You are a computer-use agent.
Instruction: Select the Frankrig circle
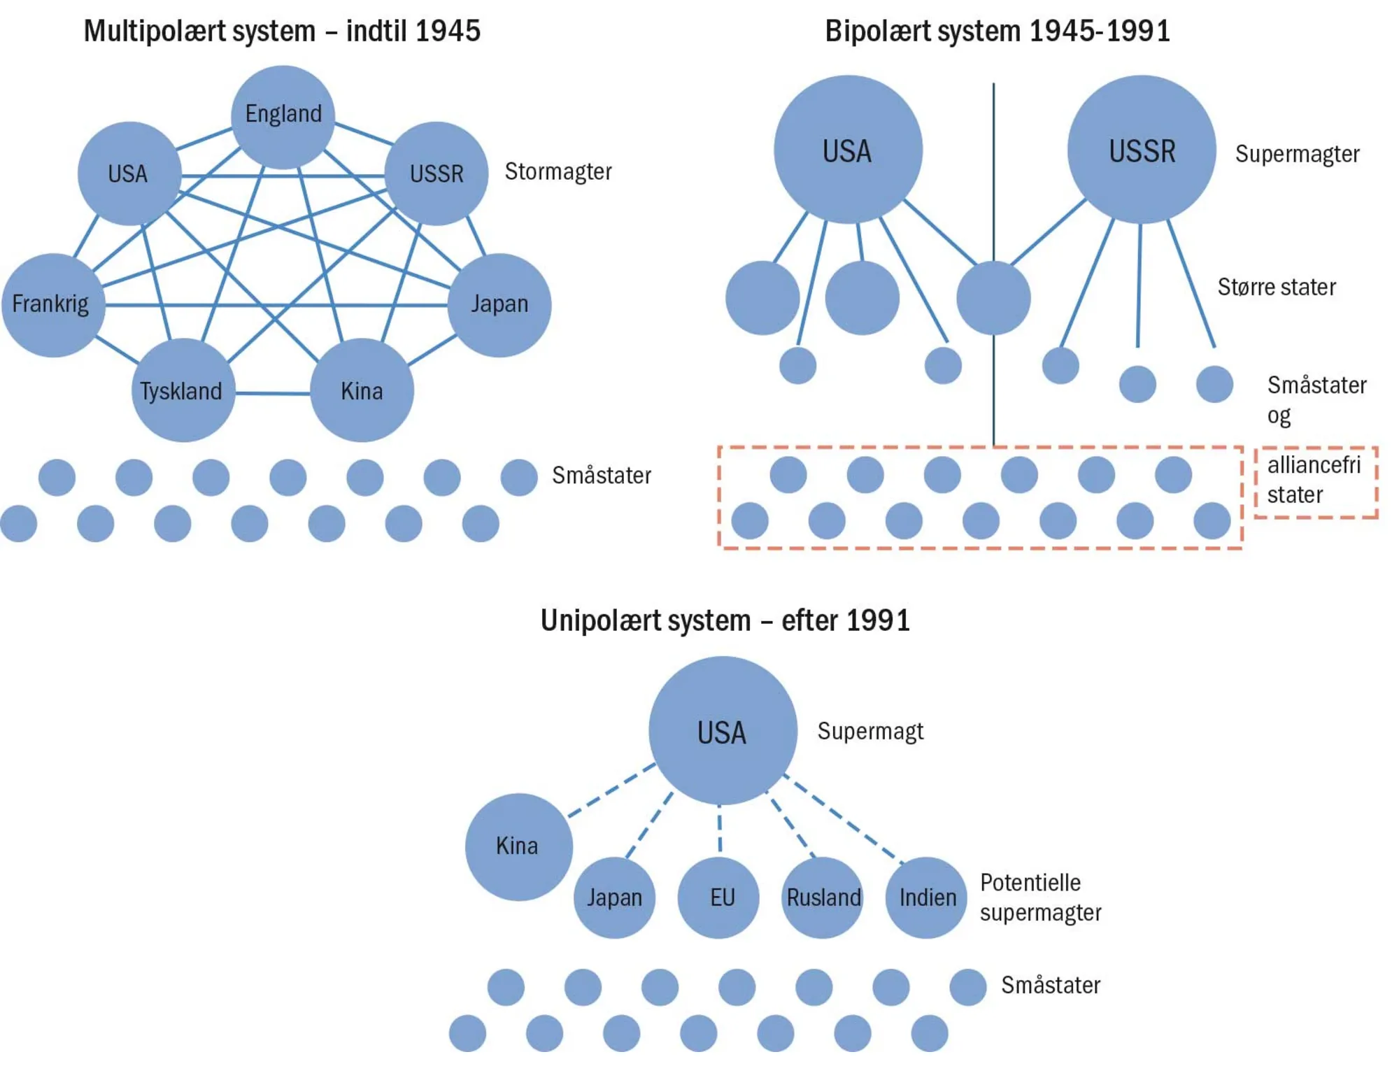coord(53,305)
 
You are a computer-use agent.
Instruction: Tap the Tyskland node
coord(183,390)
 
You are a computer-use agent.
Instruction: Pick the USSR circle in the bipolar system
coord(1142,150)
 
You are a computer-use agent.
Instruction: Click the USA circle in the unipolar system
coord(723,731)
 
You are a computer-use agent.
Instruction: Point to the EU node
coord(718,897)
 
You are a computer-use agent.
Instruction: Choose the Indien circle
coord(926,897)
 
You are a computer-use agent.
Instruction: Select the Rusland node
coord(823,897)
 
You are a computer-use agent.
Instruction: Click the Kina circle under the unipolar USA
coord(518,846)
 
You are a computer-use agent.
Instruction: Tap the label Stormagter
coord(558,171)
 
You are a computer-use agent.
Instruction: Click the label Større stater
coord(1277,287)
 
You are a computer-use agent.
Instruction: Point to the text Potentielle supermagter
coord(1040,897)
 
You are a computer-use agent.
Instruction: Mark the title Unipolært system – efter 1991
coord(725,620)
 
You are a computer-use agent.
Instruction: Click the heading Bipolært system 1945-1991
coord(997,31)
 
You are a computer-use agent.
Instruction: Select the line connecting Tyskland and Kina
coord(273,393)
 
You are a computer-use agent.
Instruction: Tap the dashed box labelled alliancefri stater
coord(1315,481)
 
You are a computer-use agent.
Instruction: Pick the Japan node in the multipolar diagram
coord(499,305)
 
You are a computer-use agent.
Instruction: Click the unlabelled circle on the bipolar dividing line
coord(993,298)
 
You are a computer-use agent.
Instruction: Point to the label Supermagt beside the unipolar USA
coord(870,732)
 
